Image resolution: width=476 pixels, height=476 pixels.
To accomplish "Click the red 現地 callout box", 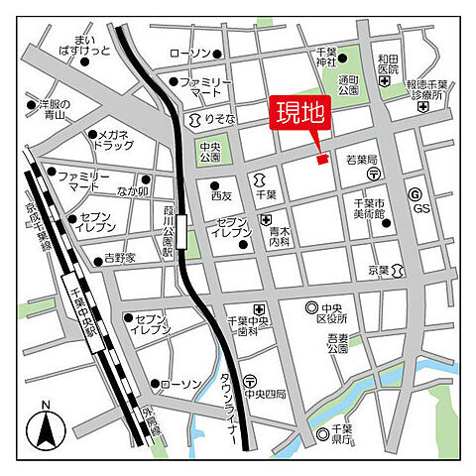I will pos(299,114).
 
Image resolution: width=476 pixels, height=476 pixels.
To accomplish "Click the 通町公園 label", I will pos(349,85).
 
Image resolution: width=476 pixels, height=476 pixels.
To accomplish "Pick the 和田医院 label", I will pos(388,64).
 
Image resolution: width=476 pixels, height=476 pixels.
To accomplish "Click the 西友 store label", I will pos(220,195).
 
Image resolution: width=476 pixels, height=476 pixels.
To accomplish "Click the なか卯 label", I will pos(133,191).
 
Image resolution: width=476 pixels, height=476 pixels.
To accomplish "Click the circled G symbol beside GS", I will pos(415,195).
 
